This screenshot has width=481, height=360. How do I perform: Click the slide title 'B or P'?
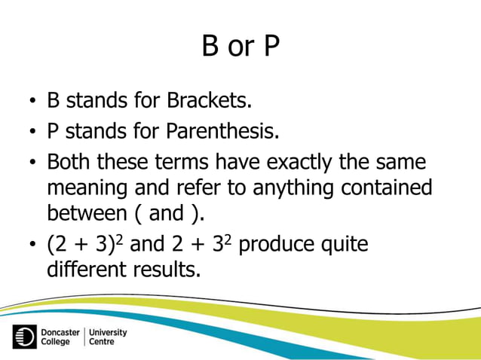pyautogui.click(x=240, y=47)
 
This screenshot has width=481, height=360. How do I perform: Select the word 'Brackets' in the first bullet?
pyautogui.click(x=211, y=100)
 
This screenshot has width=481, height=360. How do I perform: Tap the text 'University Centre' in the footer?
pyautogui.click(x=108, y=337)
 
